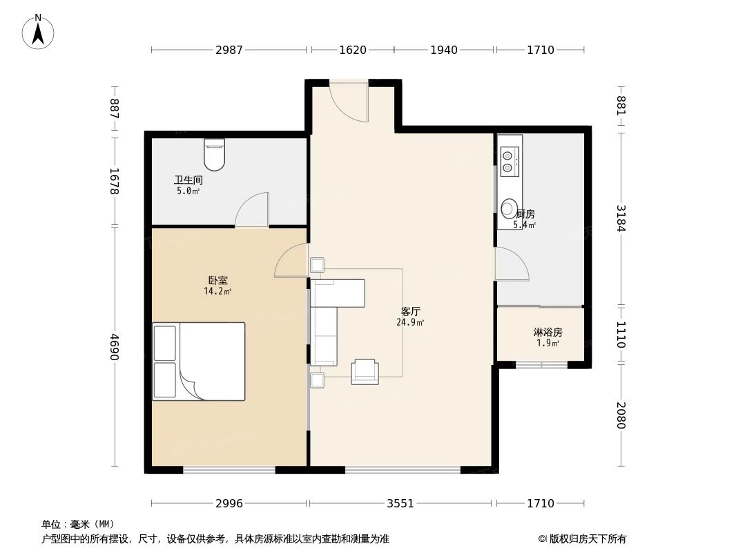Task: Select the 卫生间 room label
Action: click(x=188, y=180)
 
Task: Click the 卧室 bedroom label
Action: click(x=217, y=280)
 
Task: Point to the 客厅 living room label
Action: click(x=409, y=312)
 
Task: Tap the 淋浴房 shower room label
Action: click(x=548, y=332)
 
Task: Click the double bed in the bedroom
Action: click(x=199, y=361)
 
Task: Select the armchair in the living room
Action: click(x=365, y=372)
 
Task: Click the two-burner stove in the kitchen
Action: click(x=508, y=160)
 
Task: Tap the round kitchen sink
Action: click(x=509, y=208)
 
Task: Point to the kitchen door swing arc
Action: click(x=512, y=265)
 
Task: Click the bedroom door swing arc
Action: click(x=291, y=262)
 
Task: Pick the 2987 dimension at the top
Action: click(x=229, y=50)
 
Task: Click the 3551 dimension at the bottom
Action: click(x=400, y=503)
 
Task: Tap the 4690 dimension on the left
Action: click(x=115, y=346)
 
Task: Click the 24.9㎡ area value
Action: click(x=410, y=323)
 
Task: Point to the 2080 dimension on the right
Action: click(x=621, y=415)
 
